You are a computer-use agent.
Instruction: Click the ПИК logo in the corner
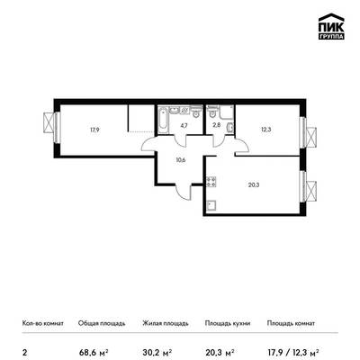[x=331, y=26]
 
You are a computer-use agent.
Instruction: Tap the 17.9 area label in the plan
[x=94, y=130]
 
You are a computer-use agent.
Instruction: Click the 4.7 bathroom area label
[x=184, y=126]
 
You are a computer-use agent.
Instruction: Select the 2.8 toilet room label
[x=218, y=125]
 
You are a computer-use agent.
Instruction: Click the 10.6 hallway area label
[x=181, y=160]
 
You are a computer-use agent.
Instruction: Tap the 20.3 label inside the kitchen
[x=254, y=184]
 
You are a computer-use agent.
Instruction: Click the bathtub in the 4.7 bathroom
[x=163, y=120]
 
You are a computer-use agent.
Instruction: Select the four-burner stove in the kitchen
[x=211, y=182]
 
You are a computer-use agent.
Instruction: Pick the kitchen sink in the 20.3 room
[x=212, y=206]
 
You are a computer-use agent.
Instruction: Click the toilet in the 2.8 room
[x=212, y=113]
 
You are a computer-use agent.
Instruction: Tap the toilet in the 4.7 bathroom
[x=196, y=112]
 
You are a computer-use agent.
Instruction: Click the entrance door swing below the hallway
[x=184, y=192]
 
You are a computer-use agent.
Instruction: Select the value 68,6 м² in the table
[x=94, y=352]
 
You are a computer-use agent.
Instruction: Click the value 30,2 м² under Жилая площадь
[x=157, y=352]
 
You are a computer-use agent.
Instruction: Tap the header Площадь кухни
[x=228, y=323]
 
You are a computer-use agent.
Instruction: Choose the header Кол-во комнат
[x=43, y=323]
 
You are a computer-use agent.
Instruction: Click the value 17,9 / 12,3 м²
[x=292, y=352]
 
